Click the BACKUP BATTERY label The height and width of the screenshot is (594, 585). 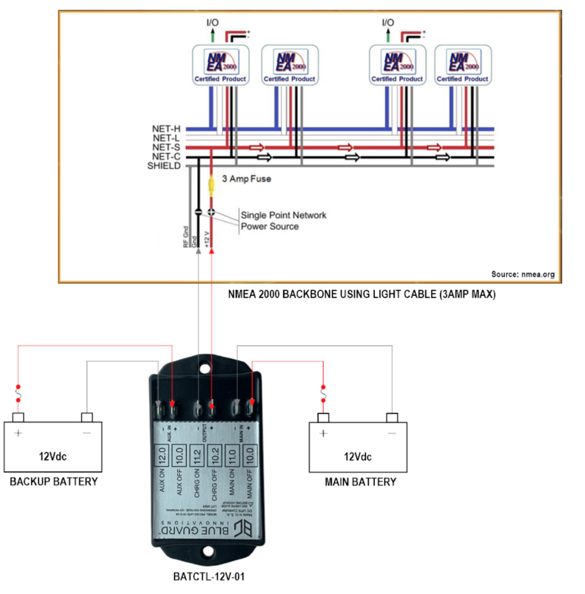pyautogui.click(x=53, y=481)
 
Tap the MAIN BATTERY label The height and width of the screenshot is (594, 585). pyautogui.click(x=360, y=482)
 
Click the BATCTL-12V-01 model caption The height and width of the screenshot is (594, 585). pyautogui.click(x=209, y=577)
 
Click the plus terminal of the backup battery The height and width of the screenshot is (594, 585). pyautogui.click(x=18, y=417)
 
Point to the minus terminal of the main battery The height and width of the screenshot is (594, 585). pyautogui.click(x=391, y=417)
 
